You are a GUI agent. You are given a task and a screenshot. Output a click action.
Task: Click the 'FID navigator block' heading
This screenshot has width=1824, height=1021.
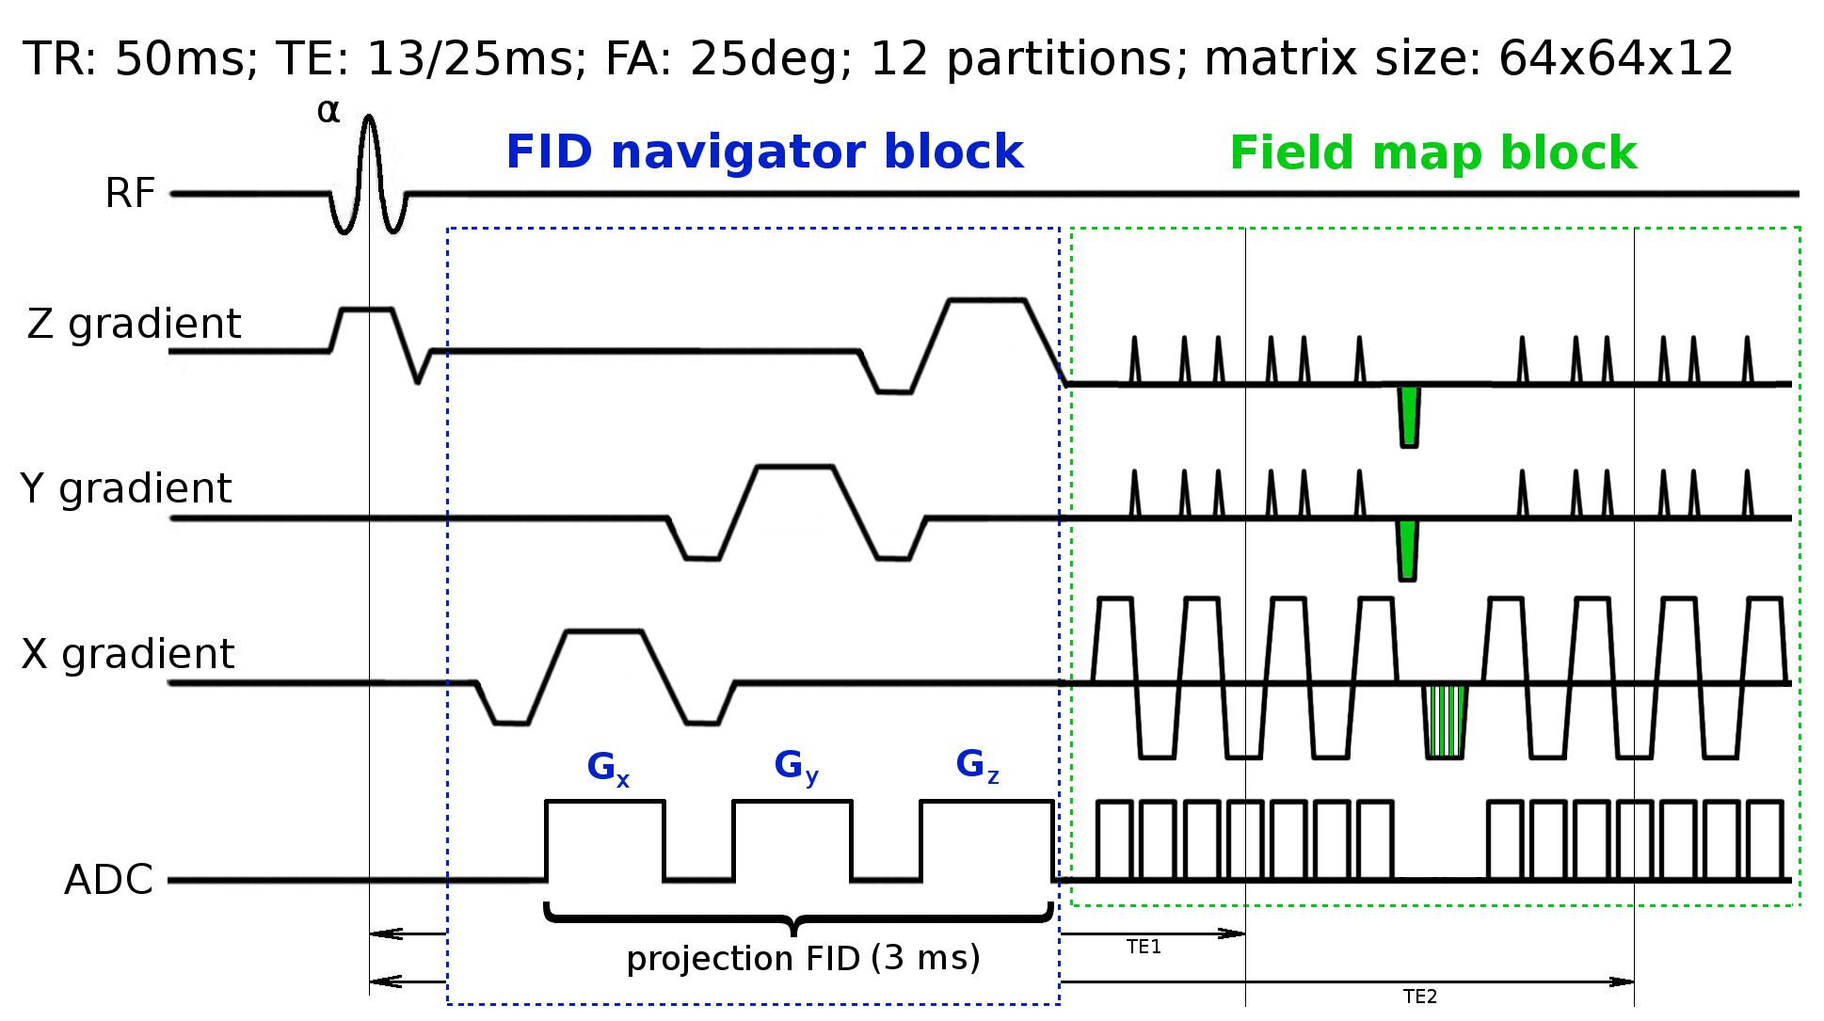tap(764, 152)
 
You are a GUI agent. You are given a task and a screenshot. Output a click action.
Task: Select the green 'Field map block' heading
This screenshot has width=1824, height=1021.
tap(1433, 152)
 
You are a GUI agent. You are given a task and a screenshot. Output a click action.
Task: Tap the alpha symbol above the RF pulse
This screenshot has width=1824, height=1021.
tap(328, 112)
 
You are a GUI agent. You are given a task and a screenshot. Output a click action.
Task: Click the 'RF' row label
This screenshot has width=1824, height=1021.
tap(130, 194)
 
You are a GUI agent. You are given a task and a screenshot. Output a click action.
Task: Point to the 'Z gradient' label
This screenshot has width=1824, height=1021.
tap(134, 324)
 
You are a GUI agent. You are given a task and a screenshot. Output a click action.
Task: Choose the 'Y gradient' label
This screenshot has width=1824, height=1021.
tap(126, 488)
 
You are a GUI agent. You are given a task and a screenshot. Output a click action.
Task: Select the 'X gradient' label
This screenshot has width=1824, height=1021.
tap(128, 654)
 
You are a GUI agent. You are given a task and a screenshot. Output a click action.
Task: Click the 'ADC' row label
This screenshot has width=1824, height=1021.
tap(108, 880)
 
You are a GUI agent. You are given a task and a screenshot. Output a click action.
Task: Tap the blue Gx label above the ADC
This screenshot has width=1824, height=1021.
tap(608, 768)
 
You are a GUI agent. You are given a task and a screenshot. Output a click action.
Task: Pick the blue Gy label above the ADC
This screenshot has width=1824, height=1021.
tap(796, 766)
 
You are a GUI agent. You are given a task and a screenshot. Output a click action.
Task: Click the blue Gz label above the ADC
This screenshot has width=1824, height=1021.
tap(977, 765)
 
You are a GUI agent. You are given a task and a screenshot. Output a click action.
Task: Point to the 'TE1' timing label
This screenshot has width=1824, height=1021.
tap(1144, 948)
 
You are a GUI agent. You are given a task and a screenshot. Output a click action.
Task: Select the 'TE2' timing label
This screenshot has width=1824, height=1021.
tap(1419, 997)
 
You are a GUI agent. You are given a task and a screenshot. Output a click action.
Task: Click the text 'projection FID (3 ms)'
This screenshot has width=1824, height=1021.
tap(803, 958)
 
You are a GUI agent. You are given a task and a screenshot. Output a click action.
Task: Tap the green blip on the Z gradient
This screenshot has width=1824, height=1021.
tap(1409, 415)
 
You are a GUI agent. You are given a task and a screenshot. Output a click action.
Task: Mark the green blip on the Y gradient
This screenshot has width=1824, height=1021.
tap(1407, 550)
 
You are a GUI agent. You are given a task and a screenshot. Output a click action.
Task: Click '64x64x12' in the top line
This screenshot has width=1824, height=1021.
tap(1615, 58)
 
